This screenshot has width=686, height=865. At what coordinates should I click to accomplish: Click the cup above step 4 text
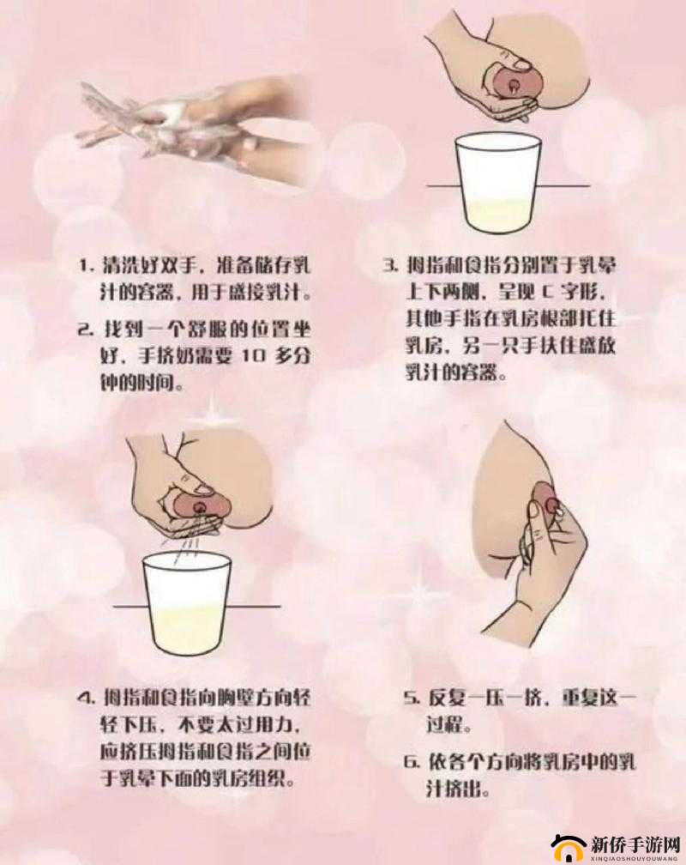tap(188, 601)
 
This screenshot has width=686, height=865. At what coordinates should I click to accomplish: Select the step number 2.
tap(85, 330)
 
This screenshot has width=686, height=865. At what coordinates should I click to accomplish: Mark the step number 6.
tap(409, 760)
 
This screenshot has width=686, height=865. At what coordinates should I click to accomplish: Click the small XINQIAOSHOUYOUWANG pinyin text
tap(635, 856)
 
